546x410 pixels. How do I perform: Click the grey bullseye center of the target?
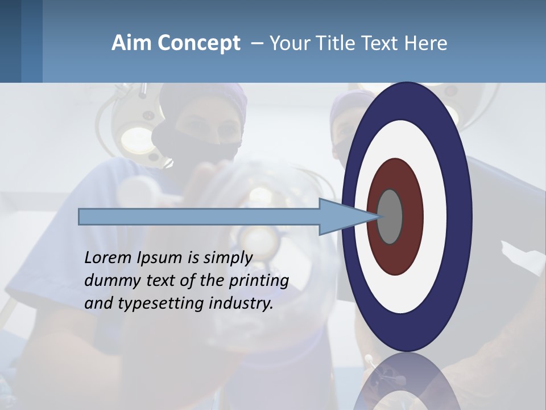click(390, 216)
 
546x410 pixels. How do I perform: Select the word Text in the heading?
click(382, 43)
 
